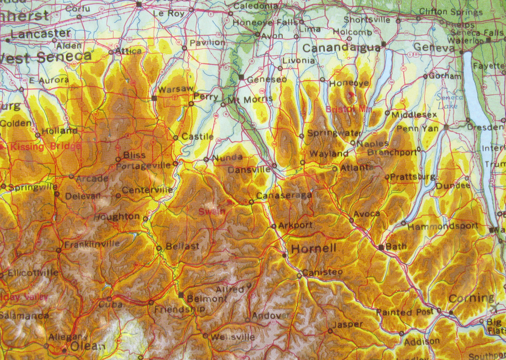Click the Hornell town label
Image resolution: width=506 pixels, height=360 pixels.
[x=313, y=248]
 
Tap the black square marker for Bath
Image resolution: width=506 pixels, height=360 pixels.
[x=381, y=247]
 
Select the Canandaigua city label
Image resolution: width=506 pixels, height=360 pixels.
[x=341, y=48]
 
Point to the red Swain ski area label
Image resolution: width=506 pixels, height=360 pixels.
[x=211, y=211]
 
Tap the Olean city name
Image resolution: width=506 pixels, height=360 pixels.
[x=87, y=346]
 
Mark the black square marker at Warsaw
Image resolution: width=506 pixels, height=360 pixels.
[x=154, y=98]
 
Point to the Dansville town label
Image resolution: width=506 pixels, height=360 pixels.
[x=249, y=170]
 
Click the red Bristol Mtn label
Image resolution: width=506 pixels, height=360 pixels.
[x=349, y=109]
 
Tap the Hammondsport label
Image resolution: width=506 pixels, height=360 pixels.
[x=443, y=226]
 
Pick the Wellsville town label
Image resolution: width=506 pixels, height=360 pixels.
[x=233, y=337]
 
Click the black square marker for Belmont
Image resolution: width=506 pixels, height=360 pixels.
[x=181, y=295]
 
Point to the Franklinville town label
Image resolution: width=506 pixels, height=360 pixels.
[x=92, y=244]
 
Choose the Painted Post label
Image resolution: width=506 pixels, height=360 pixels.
[x=405, y=312]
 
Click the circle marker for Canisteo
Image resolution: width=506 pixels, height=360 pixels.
[x=299, y=276]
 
